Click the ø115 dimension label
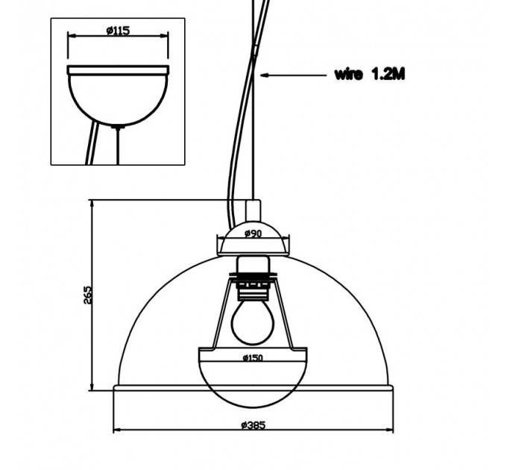tap(118, 31)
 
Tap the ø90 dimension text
tap(253, 233)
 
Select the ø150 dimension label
tap(253, 358)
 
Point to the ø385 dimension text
tap(253, 424)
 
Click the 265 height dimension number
tap(88, 295)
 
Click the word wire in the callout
tap(348, 75)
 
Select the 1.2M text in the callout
tap(388, 74)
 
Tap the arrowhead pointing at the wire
tap(265, 75)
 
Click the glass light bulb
tap(253, 322)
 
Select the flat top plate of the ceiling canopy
tap(118, 70)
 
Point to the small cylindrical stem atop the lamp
tap(253, 210)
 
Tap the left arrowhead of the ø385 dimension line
tap(117, 430)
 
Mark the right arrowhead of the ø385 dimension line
tap(390, 430)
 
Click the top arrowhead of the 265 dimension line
tap(92, 204)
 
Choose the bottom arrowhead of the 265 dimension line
tap(92, 386)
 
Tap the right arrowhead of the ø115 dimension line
tap(165, 36)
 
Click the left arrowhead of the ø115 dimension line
tap(72, 36)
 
